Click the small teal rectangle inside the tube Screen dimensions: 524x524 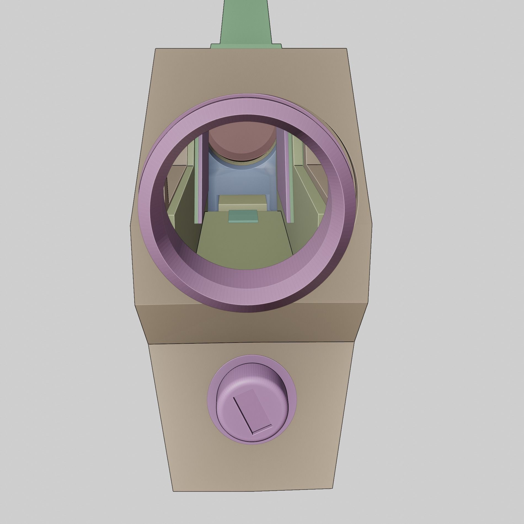click(x=243, y=216)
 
